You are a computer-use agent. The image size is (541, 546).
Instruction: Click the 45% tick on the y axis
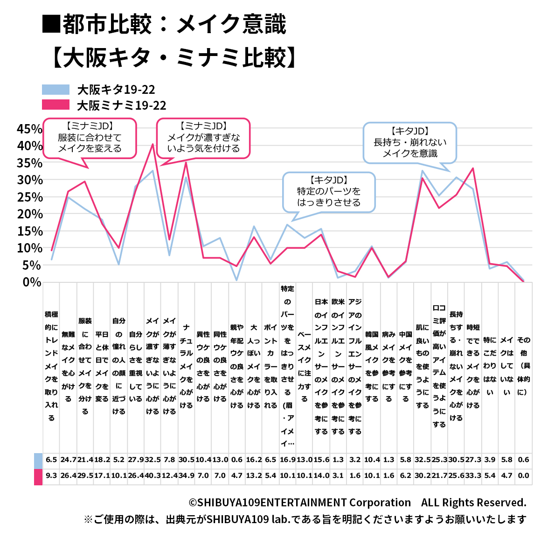(29, 129)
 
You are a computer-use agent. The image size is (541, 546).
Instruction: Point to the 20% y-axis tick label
(29, 214)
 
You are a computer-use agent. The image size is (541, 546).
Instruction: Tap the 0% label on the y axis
(32, 282)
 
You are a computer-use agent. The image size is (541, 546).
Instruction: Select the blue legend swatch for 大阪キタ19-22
(55, 90)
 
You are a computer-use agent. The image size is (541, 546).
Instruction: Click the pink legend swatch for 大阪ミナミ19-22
(55, 105)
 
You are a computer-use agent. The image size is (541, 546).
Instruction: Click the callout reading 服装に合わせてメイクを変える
(90, 138)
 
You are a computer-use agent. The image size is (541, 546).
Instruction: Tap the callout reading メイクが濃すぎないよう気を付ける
(203, 138)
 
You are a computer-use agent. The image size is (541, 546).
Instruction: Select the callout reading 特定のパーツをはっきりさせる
(329, 192)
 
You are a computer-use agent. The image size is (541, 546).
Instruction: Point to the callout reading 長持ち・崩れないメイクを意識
(410, 143)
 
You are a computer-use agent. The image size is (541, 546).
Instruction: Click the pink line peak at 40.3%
(153, 144)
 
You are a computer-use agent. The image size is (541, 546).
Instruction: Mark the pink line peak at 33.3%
(473, 168)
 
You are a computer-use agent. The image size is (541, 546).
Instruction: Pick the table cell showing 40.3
(153, 476)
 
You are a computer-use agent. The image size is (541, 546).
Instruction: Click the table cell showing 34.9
(186, 476)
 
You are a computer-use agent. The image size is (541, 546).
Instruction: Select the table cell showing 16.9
(288, 460)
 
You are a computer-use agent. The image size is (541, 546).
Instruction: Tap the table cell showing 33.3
(473, 476)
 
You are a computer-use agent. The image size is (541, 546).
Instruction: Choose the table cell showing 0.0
(523, 476)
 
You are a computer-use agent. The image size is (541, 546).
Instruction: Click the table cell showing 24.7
(68, 460)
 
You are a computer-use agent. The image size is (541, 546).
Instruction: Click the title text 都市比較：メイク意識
(164, 24)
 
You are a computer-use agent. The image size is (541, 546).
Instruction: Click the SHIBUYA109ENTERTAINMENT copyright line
(357, 503)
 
